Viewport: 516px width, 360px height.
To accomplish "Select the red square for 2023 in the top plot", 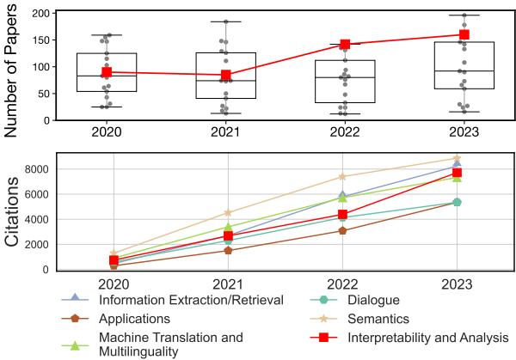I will click(x=458, y=35).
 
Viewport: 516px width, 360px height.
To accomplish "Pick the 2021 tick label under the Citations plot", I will click(x=228, y=284).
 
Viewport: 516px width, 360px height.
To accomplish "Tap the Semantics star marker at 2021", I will click(x=228, y=212).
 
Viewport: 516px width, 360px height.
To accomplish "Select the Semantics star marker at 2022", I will click(x=343, y=177).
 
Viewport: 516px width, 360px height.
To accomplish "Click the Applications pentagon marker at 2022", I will click(x=343, y=230).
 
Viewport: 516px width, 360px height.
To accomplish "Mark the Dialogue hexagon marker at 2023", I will click(x=458, y=202).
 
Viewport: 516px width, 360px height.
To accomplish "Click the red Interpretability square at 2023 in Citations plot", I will click(x=458, y=173).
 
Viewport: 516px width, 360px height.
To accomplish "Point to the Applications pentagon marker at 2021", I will click(x=228, y=250).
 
